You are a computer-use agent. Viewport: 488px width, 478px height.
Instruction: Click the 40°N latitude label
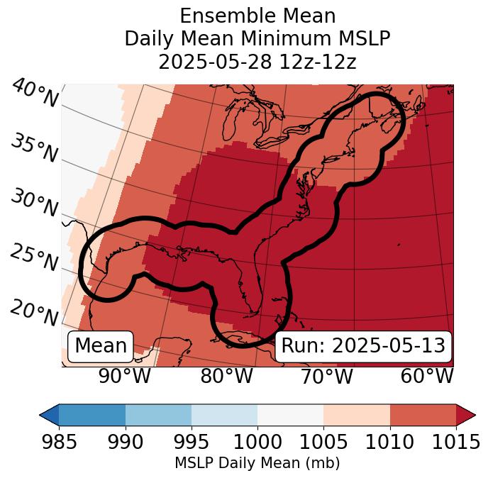tap(34, 94)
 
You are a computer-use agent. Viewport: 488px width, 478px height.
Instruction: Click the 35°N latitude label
tap(34, 148)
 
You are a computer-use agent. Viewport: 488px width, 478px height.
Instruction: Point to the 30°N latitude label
tap(34, 204)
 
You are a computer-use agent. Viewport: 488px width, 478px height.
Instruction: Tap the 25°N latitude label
tap(34, 258)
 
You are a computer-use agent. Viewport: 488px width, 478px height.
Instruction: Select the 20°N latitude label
tap(34, 312)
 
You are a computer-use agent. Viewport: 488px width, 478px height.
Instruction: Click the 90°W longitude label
tap(125, 376)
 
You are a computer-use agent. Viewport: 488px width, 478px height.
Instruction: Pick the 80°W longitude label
tap(226, 376)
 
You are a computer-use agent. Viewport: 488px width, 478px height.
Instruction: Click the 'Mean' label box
tap(100, 346)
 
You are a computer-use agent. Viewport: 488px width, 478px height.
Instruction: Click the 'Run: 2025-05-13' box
tap(363, 346)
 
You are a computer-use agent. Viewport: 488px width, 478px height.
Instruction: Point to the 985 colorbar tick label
tap(60, 442)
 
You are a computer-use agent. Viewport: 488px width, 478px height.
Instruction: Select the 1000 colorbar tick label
tap(257, 442)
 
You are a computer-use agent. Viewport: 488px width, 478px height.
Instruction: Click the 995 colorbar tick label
tap(192, 442)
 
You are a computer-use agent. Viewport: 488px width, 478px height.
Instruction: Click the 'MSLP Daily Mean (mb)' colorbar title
tap(257, 463)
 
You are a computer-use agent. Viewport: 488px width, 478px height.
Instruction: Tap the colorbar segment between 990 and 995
tap(158, 414)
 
